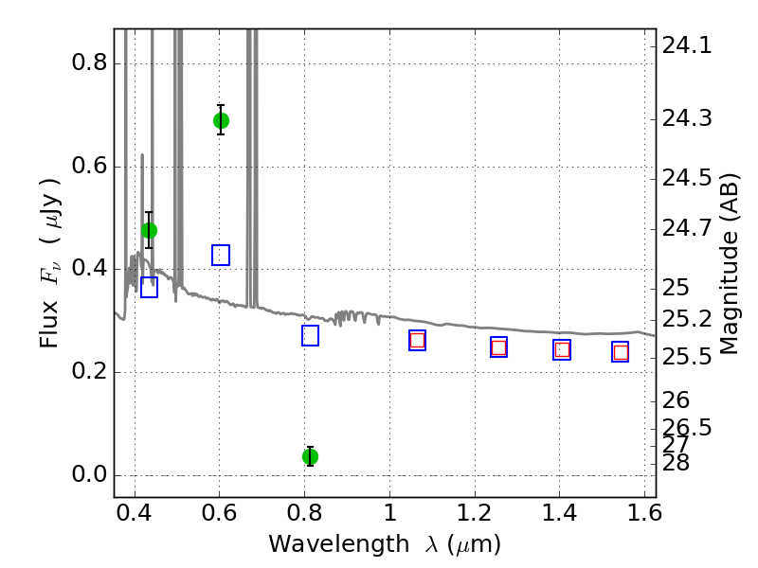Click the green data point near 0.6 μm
tap(221, 120)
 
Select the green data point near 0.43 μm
tap(150, 230)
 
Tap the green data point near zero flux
tap(311, 456)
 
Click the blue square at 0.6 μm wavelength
tap(221, 255)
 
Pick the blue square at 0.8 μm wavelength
tap(311, 336)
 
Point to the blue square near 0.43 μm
tap(150, 288)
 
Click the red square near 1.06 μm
tap(417, 341)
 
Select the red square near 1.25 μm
tap(499, 347)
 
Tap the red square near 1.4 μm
tap(562, 349)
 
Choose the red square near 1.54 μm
tap(621, 352)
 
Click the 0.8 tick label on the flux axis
tap(89, 62)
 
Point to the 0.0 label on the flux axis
tap(89, 474)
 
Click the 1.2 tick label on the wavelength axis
tap(475, 512)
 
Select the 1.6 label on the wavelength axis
tap(644, 512)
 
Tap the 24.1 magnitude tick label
tap(687, 45)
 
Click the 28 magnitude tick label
tap(676, 463)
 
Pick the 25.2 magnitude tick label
tap(687, 319)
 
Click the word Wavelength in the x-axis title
tap(339, 543)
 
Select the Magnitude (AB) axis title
tap(729, 264)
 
